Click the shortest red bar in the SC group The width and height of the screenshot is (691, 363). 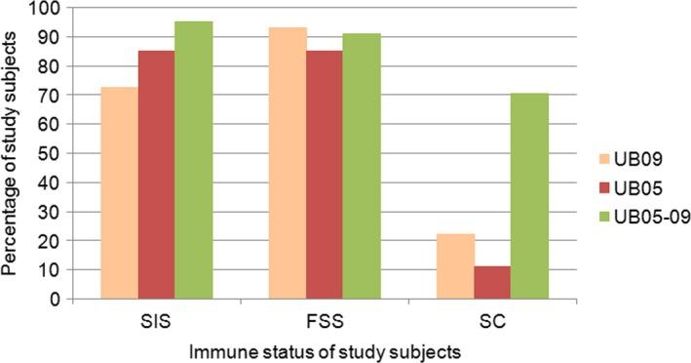click(x=494, y=283)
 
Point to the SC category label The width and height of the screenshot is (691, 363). click(x=494, y=318)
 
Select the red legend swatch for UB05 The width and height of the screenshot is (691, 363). click(x=606, y=187)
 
